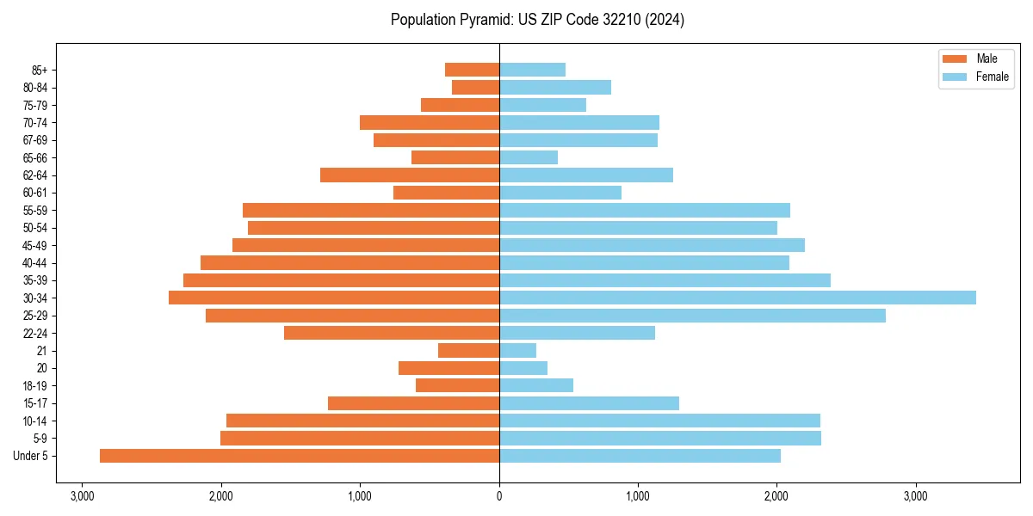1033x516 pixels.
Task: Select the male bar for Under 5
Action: [300, 456]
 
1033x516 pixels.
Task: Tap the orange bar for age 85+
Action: [472, 70]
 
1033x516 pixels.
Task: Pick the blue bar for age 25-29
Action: [692, 316]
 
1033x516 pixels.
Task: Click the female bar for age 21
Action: [517, 351]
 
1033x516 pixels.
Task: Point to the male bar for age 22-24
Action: [392, 333]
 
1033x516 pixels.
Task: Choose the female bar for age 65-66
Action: [529, 157]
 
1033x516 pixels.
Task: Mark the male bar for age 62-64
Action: [410, 175]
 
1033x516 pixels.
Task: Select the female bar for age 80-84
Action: [555, 87]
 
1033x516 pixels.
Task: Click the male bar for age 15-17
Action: [413, 403]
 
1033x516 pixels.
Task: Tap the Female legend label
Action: [993, 77]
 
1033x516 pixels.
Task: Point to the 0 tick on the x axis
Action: [499, 496]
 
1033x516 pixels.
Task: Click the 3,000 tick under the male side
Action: [83, 496]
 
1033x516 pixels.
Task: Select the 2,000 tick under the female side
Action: [776, 496]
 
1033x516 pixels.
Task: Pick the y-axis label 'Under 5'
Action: [30, 456]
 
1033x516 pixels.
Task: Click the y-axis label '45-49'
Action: [34, 245]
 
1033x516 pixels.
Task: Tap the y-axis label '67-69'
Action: [34, 140]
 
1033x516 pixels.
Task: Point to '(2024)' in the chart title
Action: [667, 20]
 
